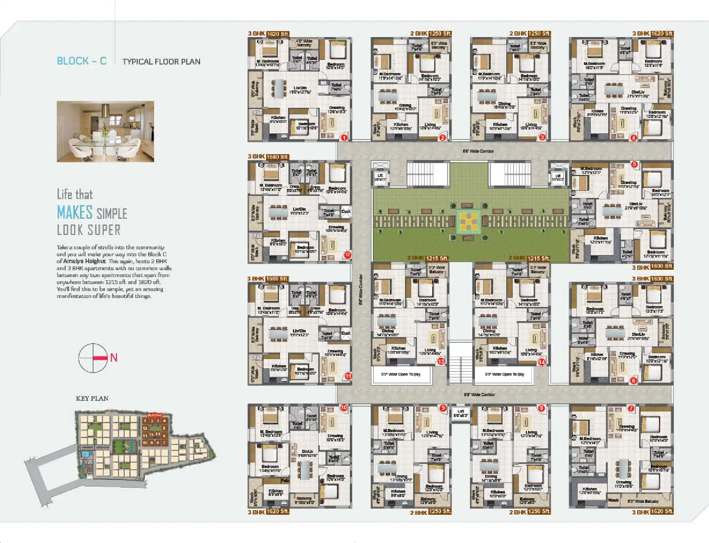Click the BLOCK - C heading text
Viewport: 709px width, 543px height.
pos(81,61)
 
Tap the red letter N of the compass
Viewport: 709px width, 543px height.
pos(114,357)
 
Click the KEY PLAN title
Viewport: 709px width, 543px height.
pos(92,398)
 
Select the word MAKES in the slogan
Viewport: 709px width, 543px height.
pos(75,213)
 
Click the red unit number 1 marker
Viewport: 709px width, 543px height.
pos(344,137)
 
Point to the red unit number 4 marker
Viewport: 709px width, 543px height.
pos(633,138)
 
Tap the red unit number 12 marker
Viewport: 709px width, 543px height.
pos(348,255)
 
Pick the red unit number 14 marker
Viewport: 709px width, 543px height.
pos(542,362)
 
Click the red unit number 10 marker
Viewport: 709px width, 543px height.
pos(344,407)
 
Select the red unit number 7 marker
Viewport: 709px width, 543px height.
pos(631,408)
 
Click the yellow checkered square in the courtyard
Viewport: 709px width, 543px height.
pos(468,222)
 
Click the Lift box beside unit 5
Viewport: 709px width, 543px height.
pos(557,177)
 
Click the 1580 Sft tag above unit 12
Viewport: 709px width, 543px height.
pos(278,157)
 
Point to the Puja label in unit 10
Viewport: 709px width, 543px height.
pos(285,481)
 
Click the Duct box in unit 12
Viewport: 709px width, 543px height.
pos(346,211)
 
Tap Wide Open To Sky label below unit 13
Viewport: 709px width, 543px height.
pos(400,374)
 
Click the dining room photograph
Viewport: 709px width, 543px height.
pos(105,131)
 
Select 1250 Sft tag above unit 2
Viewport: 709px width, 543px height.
pos(440,34)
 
